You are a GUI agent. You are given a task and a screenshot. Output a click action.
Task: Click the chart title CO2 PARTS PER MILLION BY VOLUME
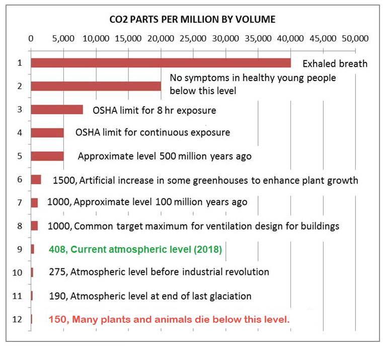[193, 20]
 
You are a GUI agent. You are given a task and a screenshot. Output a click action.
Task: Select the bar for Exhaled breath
[161, 62]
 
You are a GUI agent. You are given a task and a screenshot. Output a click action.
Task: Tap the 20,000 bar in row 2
[96, 86]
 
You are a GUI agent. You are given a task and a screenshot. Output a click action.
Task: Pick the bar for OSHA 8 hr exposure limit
[57, 109]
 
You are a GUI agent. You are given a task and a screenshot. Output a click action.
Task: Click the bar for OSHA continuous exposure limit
[47, 132]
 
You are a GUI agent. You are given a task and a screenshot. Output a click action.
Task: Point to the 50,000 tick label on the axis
[355, 38]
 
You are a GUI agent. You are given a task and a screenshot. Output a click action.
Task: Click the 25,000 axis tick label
[193, 38]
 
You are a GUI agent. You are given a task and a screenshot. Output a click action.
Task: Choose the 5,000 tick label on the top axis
[63, 38]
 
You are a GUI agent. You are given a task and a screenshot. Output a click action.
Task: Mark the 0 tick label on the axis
[31, 38]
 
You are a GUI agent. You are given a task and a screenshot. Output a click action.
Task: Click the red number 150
[57, 319]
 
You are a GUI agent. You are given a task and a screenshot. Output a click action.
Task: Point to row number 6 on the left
[20, 179]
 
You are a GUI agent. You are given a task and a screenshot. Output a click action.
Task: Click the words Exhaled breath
[335, 63]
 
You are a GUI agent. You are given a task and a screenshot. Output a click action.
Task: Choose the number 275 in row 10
[57, 272]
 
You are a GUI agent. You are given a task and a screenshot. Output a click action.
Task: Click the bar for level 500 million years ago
[47, 156]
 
